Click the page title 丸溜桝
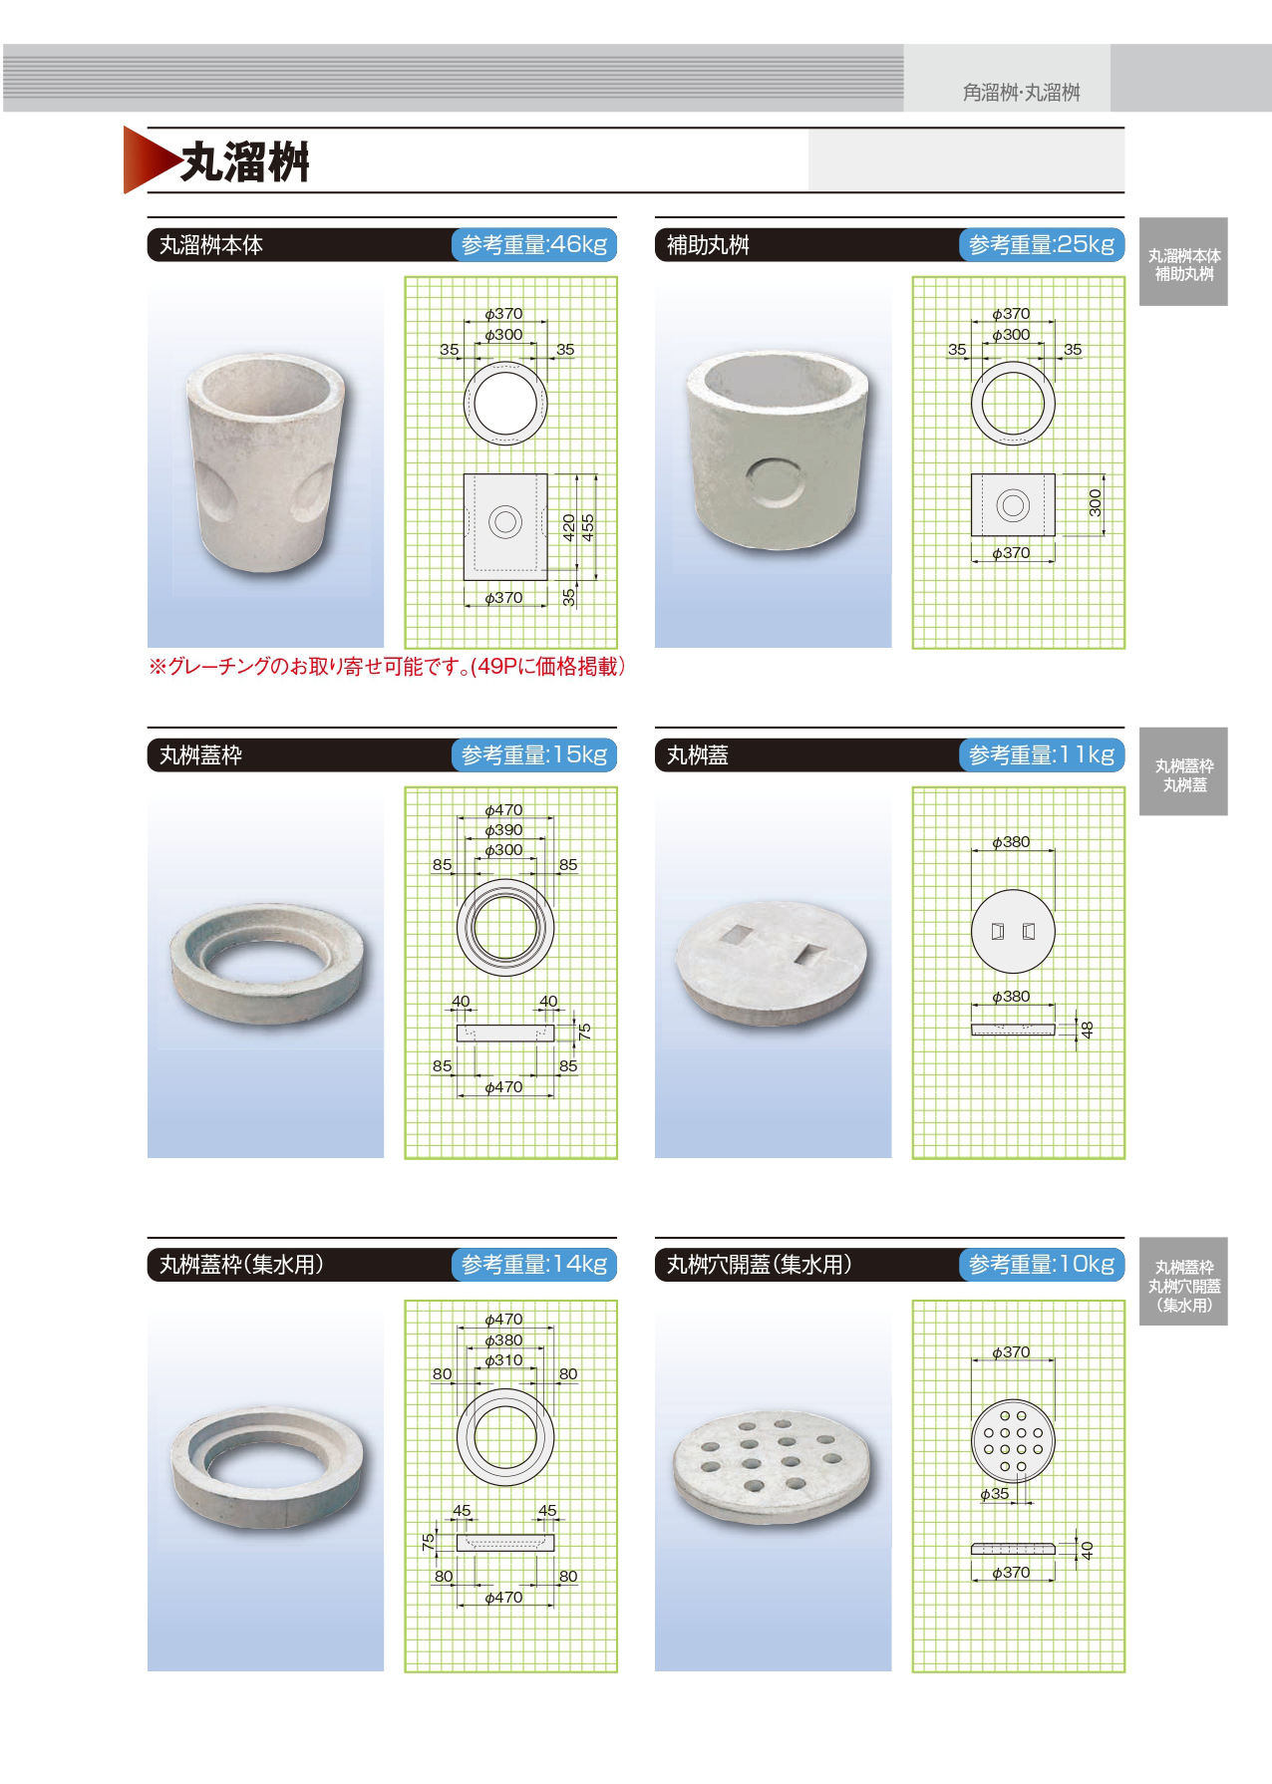(x=245, y=161)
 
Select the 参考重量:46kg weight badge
(x=534, y=244)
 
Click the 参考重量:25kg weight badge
(x=1042, y=244)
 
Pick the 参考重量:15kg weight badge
(x=534, y=754)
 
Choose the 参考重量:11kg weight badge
(x=1042, y=754)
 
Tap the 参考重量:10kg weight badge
(x=1042, y=1265)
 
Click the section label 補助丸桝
(x=708, y=245)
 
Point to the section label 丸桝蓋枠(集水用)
(x=241, y=1265)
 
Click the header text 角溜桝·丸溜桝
(x=1021, y=93)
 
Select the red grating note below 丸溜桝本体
(x=387, y=667)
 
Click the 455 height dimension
(x=588, y=526)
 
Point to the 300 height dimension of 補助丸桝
(x=1096, y=502)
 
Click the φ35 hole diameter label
(x=994, y=1494)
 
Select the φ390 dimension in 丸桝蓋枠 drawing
(x=503, y=830)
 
